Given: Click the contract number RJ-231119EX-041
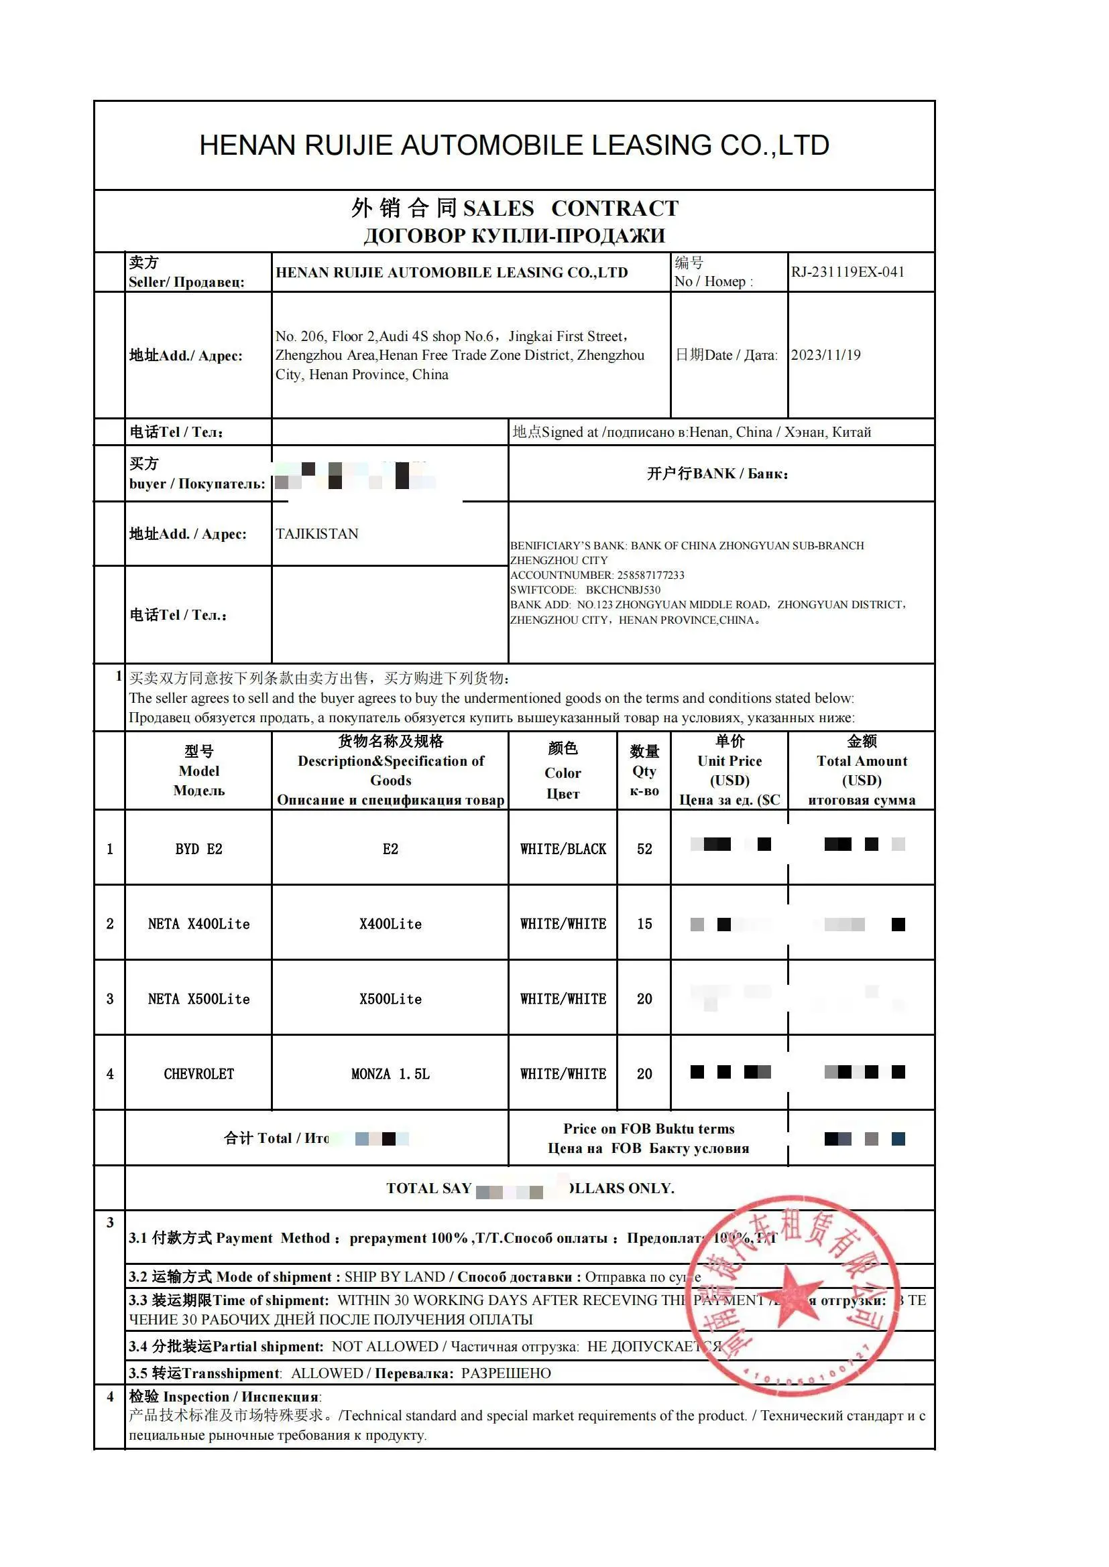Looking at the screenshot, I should pos(848,271).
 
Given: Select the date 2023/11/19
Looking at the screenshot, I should pos(825,355).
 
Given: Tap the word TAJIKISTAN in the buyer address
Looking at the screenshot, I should pos(317,534).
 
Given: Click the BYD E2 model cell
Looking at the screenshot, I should pos(198,849).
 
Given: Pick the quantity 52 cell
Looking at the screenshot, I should pos(644,849).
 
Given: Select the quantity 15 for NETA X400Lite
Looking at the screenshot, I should pos(644,924).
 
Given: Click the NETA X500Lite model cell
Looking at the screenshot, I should pos(198,999).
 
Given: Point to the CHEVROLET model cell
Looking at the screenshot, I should pos(198,1074).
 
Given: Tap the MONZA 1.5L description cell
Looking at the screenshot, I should pos(391,1074).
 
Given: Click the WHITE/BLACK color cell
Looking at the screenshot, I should pos(563,849).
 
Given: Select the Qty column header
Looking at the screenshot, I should pos(644,771).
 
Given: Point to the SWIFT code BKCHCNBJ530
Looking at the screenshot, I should pos(623,590).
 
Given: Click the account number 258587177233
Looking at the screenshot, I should pos(650,575).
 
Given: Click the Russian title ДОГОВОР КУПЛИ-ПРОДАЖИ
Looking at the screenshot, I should pos(514,235).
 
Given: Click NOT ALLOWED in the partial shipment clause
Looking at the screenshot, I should pos(384,1347).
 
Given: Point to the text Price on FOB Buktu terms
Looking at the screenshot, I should pos(648,1129).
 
